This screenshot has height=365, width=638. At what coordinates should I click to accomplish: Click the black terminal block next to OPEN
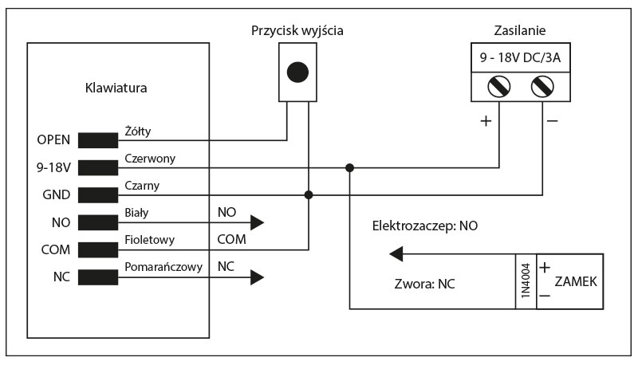pos(97,140)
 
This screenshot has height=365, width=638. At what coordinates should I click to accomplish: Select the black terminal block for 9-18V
pos(97,167)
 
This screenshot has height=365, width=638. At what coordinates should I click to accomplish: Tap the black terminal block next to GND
pos(97,194)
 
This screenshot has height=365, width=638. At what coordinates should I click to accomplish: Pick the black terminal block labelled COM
pos(97,249)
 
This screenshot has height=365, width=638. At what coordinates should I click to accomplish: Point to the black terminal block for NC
pos(97,277)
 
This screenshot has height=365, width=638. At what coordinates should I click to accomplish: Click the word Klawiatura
pos(116,88)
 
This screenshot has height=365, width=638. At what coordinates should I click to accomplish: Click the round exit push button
pos(297,72)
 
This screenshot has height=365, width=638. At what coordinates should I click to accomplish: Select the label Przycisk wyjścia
pos(297,32)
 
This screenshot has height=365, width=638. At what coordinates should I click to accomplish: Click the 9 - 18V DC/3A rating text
pos(520,58)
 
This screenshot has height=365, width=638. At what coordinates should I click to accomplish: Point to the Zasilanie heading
pos(520,32)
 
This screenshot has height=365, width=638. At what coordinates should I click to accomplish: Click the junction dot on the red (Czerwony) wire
pos(349,167)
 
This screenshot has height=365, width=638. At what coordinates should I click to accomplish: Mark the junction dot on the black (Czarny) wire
pos(309,194)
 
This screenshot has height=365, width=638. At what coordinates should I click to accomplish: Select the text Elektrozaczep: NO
pos(425,226)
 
